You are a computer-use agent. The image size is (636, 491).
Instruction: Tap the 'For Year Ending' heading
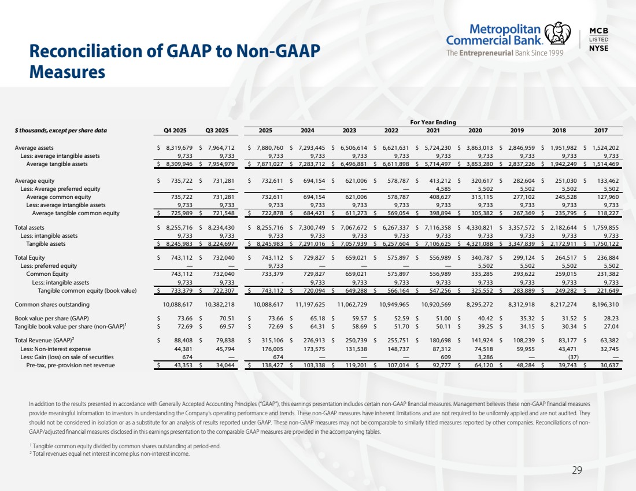click(x=432, y=122)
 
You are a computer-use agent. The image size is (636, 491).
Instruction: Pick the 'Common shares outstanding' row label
click(x=52, y=304)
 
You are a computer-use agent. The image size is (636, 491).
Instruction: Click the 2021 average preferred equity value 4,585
click(x=439, y=189)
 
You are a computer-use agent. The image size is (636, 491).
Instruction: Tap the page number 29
click(x=576, y=470)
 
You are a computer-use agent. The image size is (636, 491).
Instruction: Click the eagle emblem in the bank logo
click(x=559, y=34)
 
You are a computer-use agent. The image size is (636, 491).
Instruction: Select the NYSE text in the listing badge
click(x=598, y=48)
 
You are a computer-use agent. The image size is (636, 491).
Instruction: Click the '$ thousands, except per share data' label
click(x=61, y=130)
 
